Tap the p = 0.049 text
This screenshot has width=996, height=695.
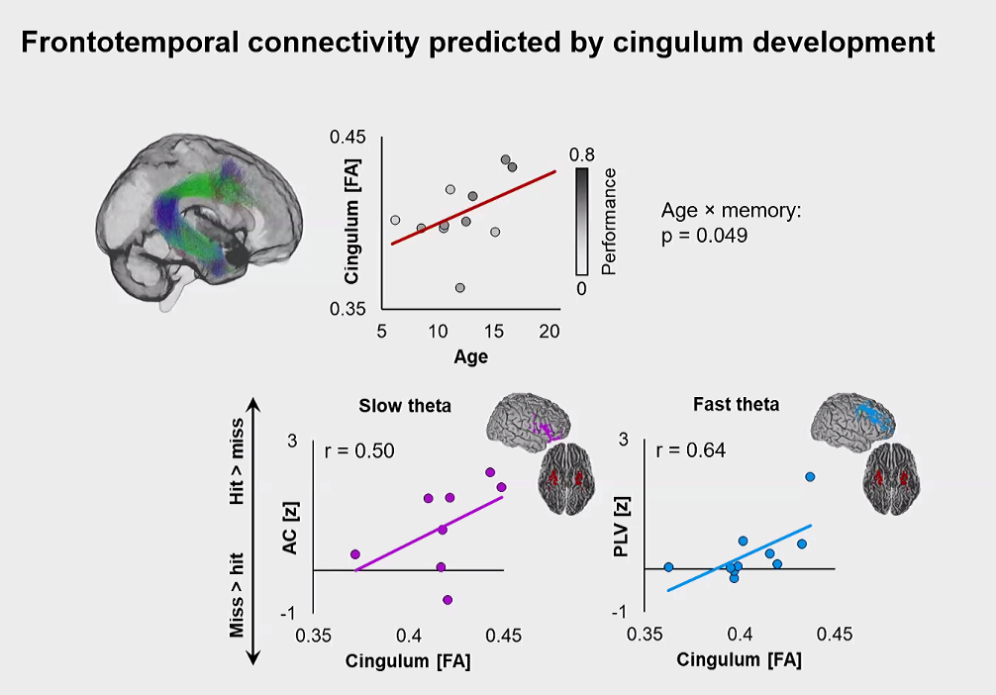(x=704, y=236)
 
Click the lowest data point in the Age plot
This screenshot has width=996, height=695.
(x=460, y=288)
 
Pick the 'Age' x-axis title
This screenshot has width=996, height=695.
(x=470, y=356)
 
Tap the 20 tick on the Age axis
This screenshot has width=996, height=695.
(x=550, y=332)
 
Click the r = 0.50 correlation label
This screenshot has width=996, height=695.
(x=359, y=451)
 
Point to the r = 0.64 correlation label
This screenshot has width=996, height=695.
(x=690, y=450)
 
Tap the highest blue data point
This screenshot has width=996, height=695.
(x=810, y=477)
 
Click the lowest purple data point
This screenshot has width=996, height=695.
(x=448, y=600)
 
